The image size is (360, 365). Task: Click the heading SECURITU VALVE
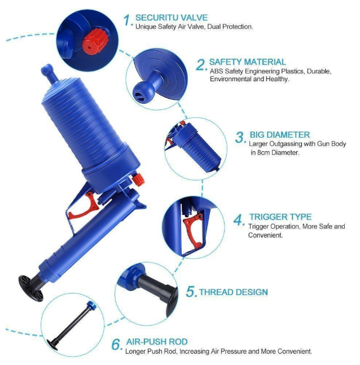(x=172, y=17)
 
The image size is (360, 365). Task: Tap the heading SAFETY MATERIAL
(x=248, y=62)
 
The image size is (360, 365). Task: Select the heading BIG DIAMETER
(x=280, y=135)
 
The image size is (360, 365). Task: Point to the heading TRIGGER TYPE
(x=280, y=217)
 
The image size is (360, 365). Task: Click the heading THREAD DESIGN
(x=234, y=292)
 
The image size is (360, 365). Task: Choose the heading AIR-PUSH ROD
(x=157, y=342)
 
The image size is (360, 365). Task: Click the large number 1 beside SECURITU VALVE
(x=128, y=20)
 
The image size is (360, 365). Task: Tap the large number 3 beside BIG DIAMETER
(x=240, y=137)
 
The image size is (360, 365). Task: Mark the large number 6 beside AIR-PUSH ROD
(x=116, y=344)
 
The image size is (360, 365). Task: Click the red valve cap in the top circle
(x=96, y=41)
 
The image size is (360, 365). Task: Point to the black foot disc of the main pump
(x=31, y=288)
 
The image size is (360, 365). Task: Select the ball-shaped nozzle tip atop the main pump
(x=47, y=69)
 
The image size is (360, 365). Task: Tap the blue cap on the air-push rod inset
(x=91, y=306)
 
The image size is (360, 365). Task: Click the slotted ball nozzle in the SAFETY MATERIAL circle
(x=143, y=92)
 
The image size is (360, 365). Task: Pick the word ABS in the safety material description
(x=216, y=71)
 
